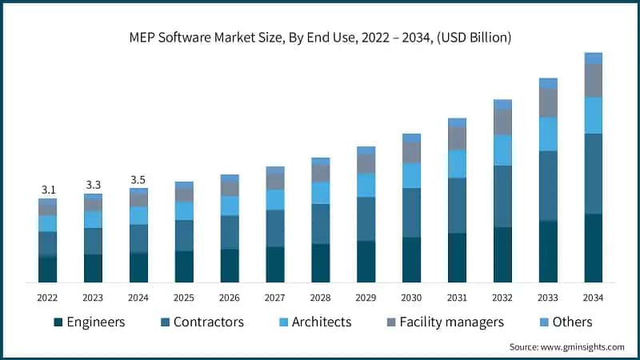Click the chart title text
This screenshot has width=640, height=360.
[x=320, y=38]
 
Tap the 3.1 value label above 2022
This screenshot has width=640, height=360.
[x=48, y=190]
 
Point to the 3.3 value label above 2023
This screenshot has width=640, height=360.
[x=94, y=185]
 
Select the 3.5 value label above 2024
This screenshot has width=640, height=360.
[x=138, y=180]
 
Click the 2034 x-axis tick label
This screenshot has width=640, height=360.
[x=593, y=298]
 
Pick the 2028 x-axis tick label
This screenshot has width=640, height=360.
[x=320, y=298]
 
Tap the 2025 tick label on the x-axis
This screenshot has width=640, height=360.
[x=184, y=298]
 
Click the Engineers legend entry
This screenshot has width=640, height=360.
[x=89, y=322]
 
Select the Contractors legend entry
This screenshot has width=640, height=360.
[x=202, y=322]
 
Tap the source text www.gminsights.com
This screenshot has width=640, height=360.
[x=566, y=347]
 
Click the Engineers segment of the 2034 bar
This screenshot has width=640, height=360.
[x=593, y=248]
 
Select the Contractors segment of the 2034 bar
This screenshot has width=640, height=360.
[x=593, y=174]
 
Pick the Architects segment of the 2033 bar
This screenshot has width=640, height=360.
[x=548, y=134]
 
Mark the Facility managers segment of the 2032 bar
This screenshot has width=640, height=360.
[x=502, y=122]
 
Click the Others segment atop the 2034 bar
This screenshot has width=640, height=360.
[x=593, y=58]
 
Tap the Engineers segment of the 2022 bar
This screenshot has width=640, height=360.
[x=48, y=270]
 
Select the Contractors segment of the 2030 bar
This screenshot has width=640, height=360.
[x=411, y=213]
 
